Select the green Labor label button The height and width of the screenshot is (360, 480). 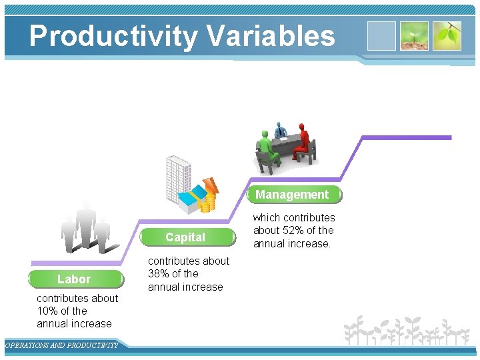pyautogui.click(x=75, y=279)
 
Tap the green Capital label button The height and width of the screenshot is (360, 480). pyautogui.click(x=185, y=237)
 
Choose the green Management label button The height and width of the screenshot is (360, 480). pyautogui.click(x=292, y=195)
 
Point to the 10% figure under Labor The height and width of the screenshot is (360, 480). pyautogui.click(x=49, y=311)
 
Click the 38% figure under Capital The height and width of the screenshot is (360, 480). pyautogui.click(x=159, y=274)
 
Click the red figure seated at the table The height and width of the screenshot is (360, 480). pyautogui.click(x=303, y=142)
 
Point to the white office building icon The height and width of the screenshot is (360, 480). pyautogui.click(x=177, y=177)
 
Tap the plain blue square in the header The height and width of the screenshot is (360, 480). pyautogui.click(x=381, y=36)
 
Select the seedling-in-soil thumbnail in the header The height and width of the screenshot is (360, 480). pyautogui.click(x=414, y=36)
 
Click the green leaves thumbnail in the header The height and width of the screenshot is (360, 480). pyautogui.click(x=447, y=36)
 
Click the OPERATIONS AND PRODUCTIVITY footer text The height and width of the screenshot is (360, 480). pyautogui.click(x=61, y=345)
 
